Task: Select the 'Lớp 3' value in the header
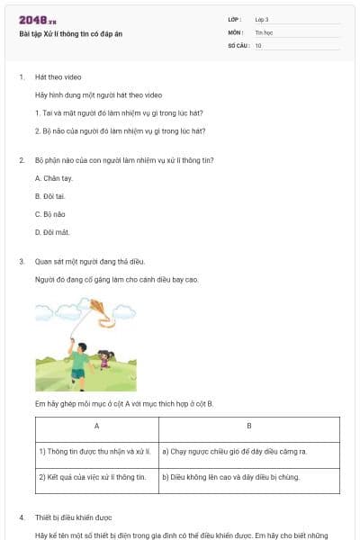[x=262, y=19]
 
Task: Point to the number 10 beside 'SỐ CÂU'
[x=258, y=44]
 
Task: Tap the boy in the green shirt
[x=79, y=360]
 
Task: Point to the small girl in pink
[x=104, y=359]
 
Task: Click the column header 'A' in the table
[x=96, y=425]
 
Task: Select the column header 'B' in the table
[x=248, y=425]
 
